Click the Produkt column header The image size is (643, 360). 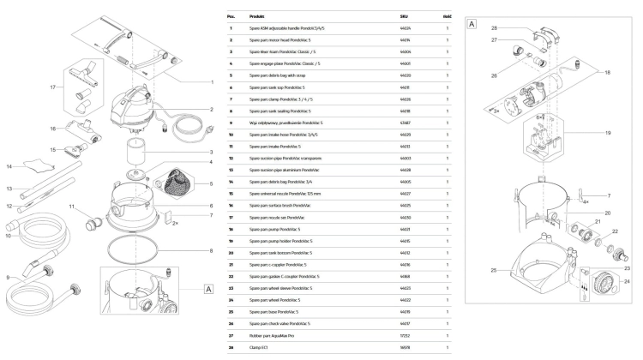click(x=256, y=16)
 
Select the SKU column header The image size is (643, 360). click(x=405, y=16)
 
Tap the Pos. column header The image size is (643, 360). click(x=231, y=16)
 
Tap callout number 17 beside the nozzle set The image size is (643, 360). click(x=53, y=87)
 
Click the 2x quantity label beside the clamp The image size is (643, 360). click(x=175, y=223)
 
